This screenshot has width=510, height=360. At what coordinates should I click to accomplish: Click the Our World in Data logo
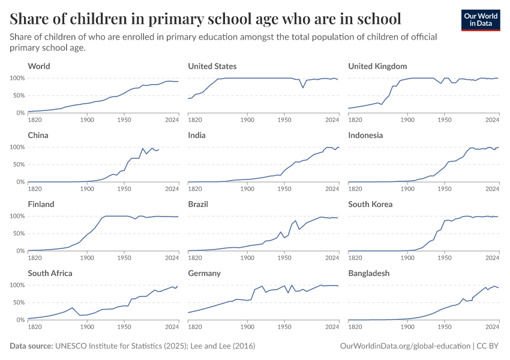click(480, 20)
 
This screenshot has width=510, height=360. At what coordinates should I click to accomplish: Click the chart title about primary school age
click(205, 18)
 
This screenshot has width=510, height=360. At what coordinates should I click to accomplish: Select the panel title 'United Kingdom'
click(377, 66)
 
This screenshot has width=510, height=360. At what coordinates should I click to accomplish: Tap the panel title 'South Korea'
click(370, 204)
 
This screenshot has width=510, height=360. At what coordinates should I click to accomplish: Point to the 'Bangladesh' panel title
click(368, 273)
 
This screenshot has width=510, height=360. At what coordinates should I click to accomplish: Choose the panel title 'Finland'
click(41, 204)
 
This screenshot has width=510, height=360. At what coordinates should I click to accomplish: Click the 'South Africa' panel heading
click(50, 273)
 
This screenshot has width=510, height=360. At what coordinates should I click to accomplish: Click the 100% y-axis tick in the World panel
click(17, 78)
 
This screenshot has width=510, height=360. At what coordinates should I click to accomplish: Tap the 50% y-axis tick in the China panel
click(19, 164)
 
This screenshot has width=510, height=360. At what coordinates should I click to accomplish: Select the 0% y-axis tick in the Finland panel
click(20, 251)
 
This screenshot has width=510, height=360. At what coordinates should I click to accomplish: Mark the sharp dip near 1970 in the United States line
click(303, 88)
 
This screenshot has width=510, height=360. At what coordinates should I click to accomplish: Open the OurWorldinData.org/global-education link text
click(404, 346)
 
